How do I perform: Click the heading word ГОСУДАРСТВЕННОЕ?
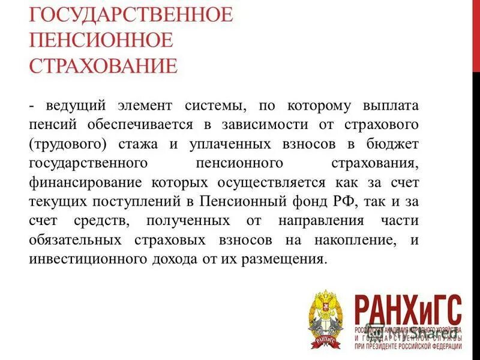tap(130, 13)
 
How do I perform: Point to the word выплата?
tap(387, 106)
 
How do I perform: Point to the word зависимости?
tap(268, 126)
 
